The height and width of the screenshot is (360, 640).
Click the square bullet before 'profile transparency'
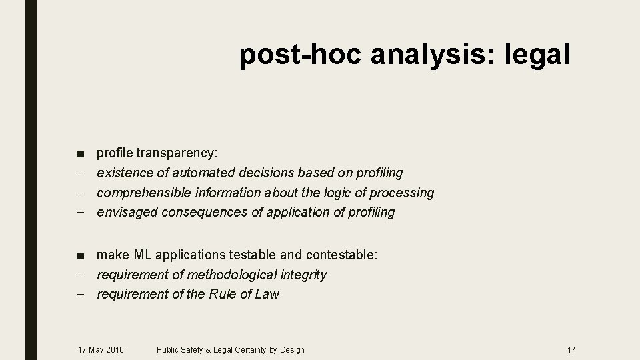pyautogui.click(x=80, y=154)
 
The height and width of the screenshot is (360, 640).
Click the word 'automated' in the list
pyautogui.click(x=203, y=173)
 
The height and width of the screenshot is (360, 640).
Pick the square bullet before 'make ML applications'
pyautogui.click(x=80, y=255)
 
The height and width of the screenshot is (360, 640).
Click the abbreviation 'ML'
pyautogui.click(x=143, y=255)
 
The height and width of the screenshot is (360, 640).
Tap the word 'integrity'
pyautogui.click(x=303, y=275)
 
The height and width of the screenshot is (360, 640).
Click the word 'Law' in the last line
pyautogui.click(x=267, y=294)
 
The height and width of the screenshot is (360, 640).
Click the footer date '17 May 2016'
pyautogui.click(x=101, y=349)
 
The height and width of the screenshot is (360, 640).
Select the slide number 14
pyautogui.click(x=571, y=349)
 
